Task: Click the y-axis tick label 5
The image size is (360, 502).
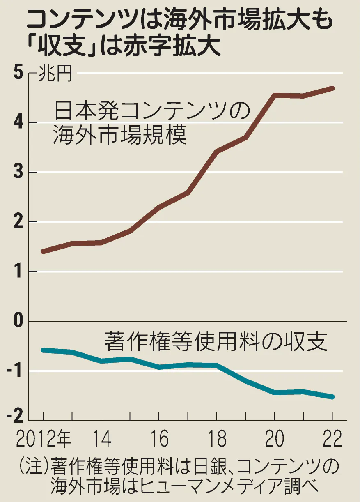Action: [18, 74]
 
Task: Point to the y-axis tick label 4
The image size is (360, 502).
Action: [18, 123]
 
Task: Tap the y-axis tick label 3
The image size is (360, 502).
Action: [18, 173]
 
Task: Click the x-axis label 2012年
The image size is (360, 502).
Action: [43, 440]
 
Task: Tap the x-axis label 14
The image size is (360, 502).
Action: [101, 440]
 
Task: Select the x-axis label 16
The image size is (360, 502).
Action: [159, 440]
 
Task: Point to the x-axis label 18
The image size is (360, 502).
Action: [217, 440]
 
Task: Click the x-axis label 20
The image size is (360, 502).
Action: [275, 440]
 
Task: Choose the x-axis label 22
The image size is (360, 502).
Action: [332, 440]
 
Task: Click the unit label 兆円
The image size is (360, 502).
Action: [55, 74]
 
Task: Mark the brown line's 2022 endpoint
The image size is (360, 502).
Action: [332, 88]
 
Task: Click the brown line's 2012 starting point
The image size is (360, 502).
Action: [43, 251]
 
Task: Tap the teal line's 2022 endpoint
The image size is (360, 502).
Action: [332, 397]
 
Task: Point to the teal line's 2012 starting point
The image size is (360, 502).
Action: [43, 350]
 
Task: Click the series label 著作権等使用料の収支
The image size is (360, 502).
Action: [216, 342]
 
